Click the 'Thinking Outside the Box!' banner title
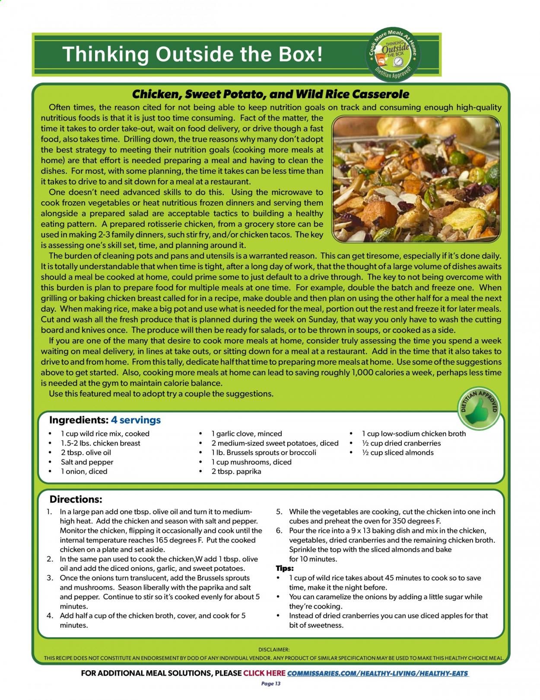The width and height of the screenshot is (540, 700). pos(193,55)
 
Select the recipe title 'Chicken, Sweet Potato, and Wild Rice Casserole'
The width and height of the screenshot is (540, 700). pos(270,94)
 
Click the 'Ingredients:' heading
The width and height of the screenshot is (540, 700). pos(78,420)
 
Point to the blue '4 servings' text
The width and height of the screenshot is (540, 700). pos(136,420)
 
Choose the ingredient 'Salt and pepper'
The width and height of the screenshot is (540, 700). pos(87,462)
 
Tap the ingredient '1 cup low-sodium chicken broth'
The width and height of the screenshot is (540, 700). pos(413,433)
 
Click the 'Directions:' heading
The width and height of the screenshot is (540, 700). pos(76,499)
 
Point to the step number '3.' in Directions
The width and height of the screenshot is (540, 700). pos(50,578)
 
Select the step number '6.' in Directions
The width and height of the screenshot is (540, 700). pos(279,530)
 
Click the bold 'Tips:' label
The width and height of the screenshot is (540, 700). pos(285,568)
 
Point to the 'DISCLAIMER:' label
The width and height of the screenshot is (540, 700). pos(274,649)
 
